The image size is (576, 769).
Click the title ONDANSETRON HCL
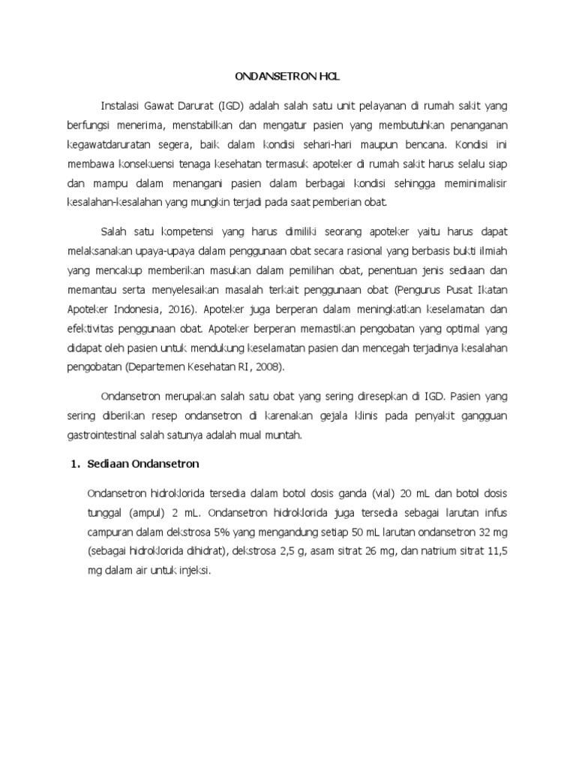[x=287, y=77]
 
